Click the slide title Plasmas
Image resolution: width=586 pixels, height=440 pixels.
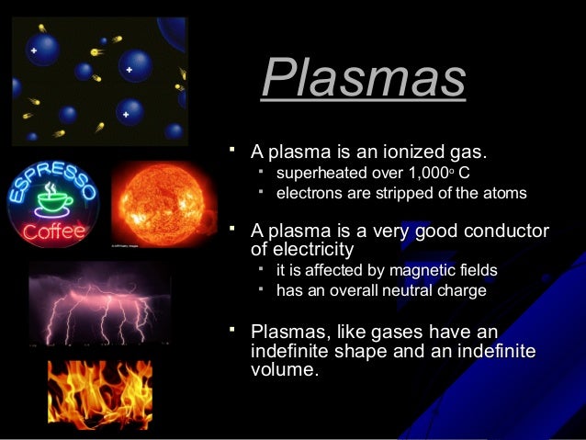[363, 79]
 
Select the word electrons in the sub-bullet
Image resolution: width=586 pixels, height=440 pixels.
[308, 194]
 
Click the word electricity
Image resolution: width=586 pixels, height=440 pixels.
[302, 249]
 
